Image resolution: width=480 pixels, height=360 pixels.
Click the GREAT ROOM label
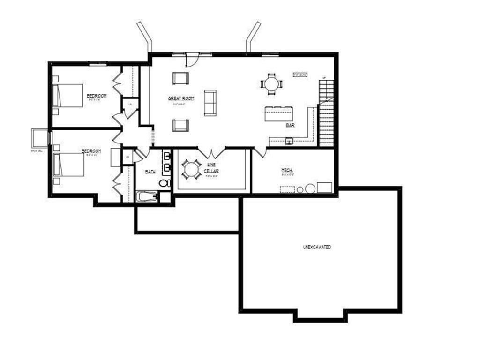[181, 98]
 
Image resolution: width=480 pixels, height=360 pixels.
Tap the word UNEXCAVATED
[317, 247]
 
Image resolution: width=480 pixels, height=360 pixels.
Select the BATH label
[150, 172]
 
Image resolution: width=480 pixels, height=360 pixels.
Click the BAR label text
[290, 126]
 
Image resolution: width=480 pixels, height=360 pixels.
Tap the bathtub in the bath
[147, 196]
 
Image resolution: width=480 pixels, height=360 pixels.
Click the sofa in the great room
[210, 103]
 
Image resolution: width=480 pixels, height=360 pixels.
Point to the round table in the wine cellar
[191, 169]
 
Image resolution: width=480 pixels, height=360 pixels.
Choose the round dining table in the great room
[271, 84]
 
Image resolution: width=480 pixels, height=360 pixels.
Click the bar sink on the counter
[289, 140]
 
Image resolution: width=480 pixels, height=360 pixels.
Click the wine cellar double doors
[211, 152]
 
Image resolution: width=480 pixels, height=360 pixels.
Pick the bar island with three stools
[279, 114]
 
